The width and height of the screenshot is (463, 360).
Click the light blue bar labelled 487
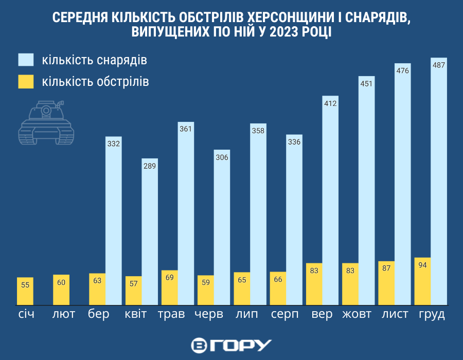[439, 180]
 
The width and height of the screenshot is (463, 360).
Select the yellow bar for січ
[25, 291]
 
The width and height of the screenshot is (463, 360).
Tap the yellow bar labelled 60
[61, 289]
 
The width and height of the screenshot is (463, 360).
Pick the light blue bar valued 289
[150, 231]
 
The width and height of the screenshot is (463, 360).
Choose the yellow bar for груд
[422, 281]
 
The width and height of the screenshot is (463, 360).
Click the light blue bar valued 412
[330, 201]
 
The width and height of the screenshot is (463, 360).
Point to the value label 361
[186, 129]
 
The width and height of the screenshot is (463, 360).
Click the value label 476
[402, 70]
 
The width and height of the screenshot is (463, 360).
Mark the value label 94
[422, 265]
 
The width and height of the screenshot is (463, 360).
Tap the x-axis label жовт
[357, 314]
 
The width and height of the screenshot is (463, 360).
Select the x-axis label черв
[208, 314]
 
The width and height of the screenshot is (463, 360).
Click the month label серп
[284, 314]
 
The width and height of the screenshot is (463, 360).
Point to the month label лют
[63, 314]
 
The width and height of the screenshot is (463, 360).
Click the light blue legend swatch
[26, 60]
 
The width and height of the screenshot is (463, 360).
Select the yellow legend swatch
[26, 81]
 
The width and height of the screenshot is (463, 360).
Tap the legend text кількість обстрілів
[96, 81]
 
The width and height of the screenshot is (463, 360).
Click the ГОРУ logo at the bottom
[231, 345]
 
